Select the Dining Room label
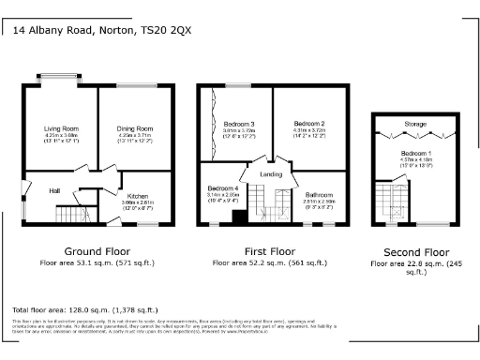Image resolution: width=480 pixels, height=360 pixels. tap(133, 128)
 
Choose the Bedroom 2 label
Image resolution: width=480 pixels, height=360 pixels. tap(308, 124)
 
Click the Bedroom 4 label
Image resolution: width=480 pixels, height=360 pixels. tap(223, 188)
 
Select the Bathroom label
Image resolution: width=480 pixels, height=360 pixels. tap(319, 195)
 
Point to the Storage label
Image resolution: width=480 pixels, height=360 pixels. tap(414, 124)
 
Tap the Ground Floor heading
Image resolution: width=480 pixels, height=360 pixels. tap(97, 251)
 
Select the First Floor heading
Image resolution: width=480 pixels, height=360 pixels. tap(271, 251)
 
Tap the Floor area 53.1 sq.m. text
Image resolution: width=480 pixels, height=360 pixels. tap(97, 263)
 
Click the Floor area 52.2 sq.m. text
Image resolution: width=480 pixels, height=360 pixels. tap(271, 263)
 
